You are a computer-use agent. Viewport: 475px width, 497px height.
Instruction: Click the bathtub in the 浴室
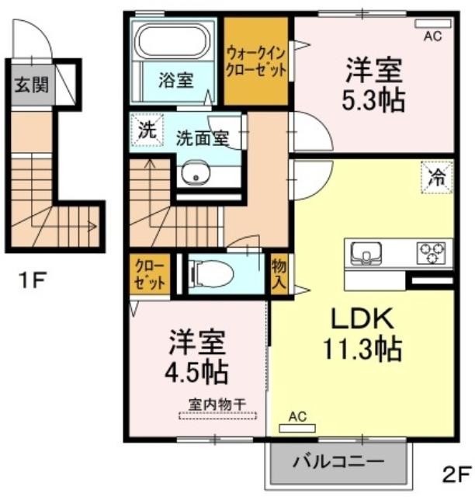(x=173, y=41)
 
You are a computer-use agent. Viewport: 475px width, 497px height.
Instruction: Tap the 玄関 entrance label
(x=32, y=85)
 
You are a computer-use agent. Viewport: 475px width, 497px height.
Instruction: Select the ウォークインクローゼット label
(x=256, y=62)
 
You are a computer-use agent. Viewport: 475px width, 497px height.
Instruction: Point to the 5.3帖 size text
(x=373, y=101)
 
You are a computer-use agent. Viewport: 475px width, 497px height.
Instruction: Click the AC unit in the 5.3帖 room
(x=433, y=23)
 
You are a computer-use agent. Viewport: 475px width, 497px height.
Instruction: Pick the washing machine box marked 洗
(x=147, y=130)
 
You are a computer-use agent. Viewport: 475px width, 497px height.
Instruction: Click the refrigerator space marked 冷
(x=437, y=178)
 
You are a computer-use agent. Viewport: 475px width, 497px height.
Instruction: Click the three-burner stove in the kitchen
(x=432, y=253)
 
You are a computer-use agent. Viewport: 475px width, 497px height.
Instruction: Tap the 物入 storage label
(x=279, y=274)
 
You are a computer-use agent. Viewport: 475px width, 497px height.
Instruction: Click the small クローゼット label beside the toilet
(x=149, y=274)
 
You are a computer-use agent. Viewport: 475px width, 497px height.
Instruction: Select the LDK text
(x=362, y=318)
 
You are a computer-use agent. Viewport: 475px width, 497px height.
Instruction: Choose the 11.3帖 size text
(x=362, y=349)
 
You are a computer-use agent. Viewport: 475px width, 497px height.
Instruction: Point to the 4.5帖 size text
(x=196, y=373)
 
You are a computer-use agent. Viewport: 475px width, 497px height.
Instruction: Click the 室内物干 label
(x=217, y=405)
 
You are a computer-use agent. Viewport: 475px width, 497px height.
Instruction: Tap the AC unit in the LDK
(x=297, y=428)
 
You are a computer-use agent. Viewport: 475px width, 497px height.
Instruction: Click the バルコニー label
(x=338, y=461)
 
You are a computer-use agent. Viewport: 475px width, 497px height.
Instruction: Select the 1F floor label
(x=33, y=280)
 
